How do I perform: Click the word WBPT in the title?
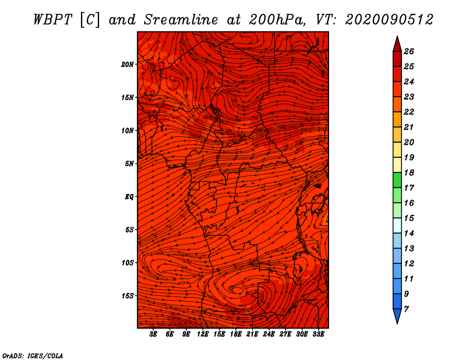point(52,20)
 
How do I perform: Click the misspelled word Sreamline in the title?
point(181,20)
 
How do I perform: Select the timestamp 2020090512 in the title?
point(389,20)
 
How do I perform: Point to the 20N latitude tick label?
point(127,65)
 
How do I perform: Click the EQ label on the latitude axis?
point(129,197)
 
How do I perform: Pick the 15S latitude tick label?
point(127,296)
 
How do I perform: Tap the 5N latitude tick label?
point(129,164)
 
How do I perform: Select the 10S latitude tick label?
point(127,263)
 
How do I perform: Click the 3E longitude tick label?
point(153,334)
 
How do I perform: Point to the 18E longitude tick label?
point(236,334)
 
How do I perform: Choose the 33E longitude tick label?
point(318,334)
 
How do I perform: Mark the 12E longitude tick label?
point(203,334)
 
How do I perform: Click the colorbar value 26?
point(409,51)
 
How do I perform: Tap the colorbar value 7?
point(406,309)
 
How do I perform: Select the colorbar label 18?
point(409,172)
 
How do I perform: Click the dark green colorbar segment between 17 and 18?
point(397,180)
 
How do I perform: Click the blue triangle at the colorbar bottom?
point(397,316)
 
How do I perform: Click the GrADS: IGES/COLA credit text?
point(33,356)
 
